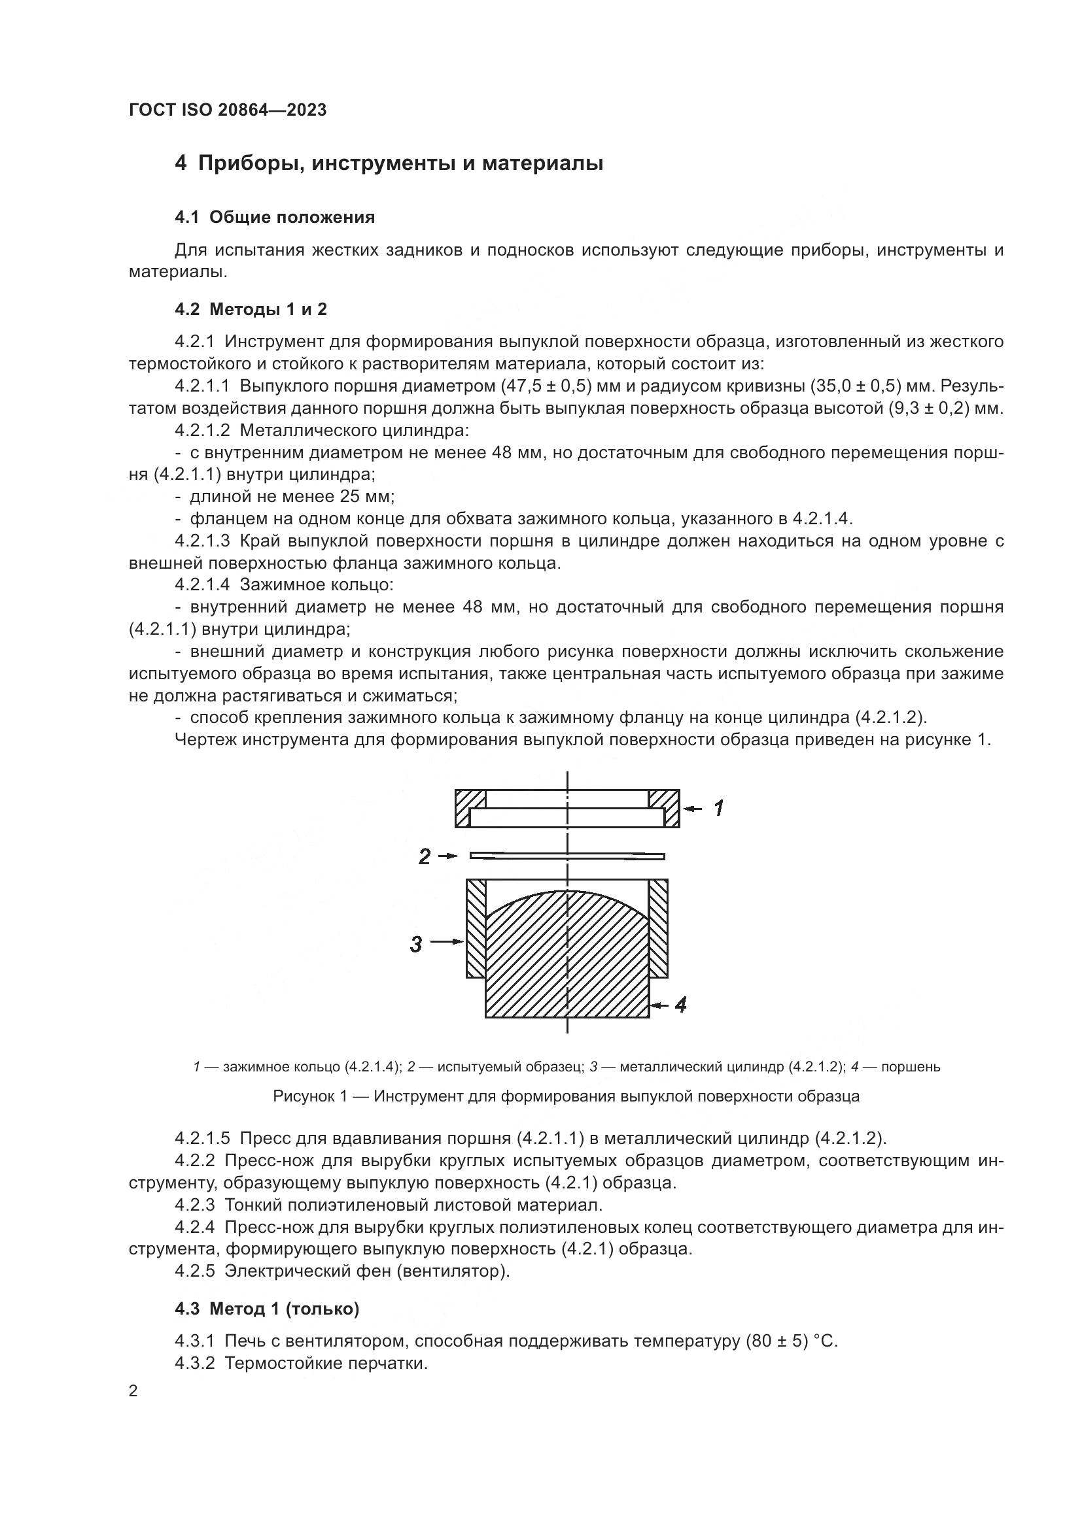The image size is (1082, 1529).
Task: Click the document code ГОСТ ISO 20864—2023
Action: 227,110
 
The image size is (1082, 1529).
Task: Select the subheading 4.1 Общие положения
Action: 275,217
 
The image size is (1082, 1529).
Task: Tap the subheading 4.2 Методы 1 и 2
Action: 251,309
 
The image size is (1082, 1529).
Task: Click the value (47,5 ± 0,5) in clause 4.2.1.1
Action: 546,386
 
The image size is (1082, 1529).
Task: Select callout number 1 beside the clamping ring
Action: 718,809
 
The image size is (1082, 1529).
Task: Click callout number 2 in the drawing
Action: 425,856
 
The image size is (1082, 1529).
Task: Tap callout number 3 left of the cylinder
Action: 416,944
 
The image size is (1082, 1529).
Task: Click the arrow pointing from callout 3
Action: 447,941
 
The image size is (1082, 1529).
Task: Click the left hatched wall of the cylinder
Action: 476,929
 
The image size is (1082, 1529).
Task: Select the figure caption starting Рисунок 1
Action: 566,1096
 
